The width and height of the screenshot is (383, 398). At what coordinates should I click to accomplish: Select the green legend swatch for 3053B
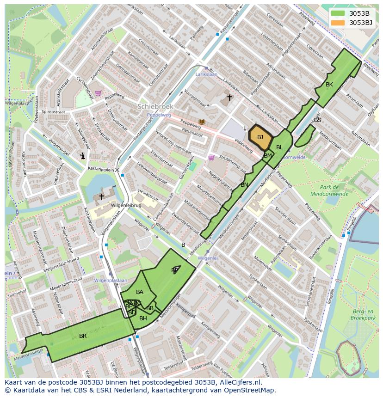click(x=338, y=13)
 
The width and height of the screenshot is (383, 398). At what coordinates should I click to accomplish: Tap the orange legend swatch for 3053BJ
click(x=338, y=23)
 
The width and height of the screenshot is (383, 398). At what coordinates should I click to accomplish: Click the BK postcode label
click(x=329, y=85)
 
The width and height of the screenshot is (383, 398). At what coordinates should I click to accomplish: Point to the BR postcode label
click(x=83, y=336)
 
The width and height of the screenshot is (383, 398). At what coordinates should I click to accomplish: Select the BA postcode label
click(x=140, y=292)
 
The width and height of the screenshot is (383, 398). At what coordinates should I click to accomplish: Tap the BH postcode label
click(x=143, y=318)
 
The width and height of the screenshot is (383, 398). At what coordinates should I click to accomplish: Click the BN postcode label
click(x=244, y=185)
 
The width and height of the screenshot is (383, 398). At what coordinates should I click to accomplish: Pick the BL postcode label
click(x=279, y=147)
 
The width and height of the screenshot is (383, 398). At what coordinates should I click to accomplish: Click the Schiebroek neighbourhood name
click(x=155, y=106)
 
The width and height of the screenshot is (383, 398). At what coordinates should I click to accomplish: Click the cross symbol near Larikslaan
click(x=229, y=98)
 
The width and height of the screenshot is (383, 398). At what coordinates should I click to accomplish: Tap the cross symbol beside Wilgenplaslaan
click(x=101, y=196)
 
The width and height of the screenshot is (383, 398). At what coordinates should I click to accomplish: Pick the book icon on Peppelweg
click(x=201, y=122)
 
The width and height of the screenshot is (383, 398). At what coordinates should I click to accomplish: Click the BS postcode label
click(x=317, y=120)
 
